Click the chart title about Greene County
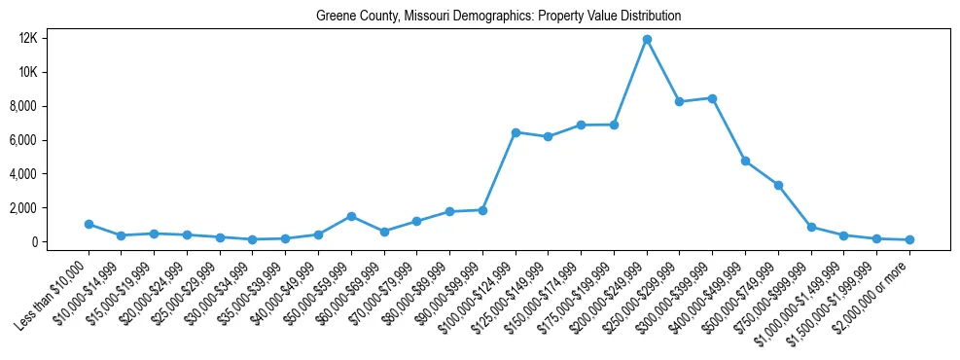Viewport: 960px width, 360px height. (498, 17)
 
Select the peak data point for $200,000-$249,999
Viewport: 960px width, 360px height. (647, 40)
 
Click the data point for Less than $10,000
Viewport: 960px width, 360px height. (89, 224)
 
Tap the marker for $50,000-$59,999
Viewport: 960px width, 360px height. (351, 216)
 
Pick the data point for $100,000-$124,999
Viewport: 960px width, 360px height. (516, 132)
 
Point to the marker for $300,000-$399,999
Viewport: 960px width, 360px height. (713, 98)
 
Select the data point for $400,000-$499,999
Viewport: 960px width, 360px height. (745, 161)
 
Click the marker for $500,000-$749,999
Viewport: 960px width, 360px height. (778, 185)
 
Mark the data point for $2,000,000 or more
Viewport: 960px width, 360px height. (909, 239)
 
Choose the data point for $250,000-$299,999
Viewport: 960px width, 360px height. (680, 101)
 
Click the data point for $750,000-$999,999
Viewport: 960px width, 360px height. (811, 227)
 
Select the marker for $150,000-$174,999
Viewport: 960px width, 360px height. (582, 125)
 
